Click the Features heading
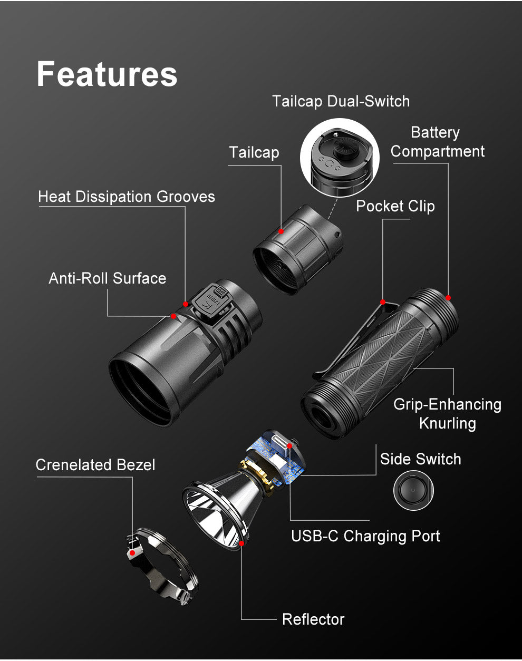[107, 74]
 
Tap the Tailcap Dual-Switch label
[341, 101]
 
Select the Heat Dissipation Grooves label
[127, 197]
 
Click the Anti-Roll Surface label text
[108, 278]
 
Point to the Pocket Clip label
[395, 206]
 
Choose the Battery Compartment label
[437, 142]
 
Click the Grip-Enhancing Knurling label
[447, 413]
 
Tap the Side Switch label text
[420, 459]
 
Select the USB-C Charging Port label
[365, 536]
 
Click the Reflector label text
[313, 619]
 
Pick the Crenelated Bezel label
[95, 465]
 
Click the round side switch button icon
[413, 490]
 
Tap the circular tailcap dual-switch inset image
[340, 158]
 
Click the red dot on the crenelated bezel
[132, 553]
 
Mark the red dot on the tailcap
[281, 231]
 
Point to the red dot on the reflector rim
[241, 543]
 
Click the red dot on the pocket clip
[383, 302]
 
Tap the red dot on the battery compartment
[449, 298]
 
